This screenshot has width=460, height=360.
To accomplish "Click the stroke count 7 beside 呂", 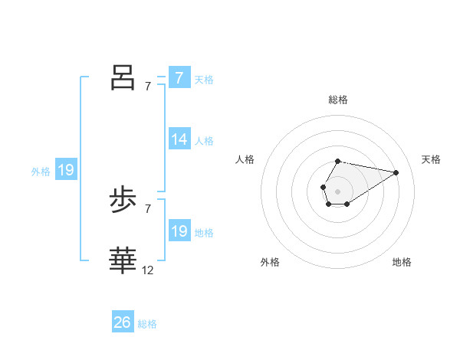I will (148, 87).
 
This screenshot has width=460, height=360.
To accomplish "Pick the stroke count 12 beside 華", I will (148, 270).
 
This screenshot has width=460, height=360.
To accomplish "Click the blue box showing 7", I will (179, 78).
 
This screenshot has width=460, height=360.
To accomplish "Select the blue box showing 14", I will (179, 139).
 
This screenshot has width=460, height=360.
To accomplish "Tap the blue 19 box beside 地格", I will (179, 231).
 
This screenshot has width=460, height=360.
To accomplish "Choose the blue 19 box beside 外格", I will (66, 170).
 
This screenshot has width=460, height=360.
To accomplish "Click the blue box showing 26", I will (123, 322).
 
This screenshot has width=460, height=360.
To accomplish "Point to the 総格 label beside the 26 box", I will (147, 324).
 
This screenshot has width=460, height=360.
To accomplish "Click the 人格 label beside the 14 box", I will (204, 141).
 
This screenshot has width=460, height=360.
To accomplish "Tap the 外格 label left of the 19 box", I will (41, 172).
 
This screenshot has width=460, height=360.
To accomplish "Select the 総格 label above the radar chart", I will (338, 100).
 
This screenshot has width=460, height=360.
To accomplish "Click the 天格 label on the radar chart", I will (431, 159).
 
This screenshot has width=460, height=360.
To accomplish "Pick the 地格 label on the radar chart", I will (402, 263).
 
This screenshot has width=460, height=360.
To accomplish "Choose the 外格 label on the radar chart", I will (270, 263).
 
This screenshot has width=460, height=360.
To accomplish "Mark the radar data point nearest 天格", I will (396, 172).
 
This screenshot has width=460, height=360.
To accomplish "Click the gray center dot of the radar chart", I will (337, 190).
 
